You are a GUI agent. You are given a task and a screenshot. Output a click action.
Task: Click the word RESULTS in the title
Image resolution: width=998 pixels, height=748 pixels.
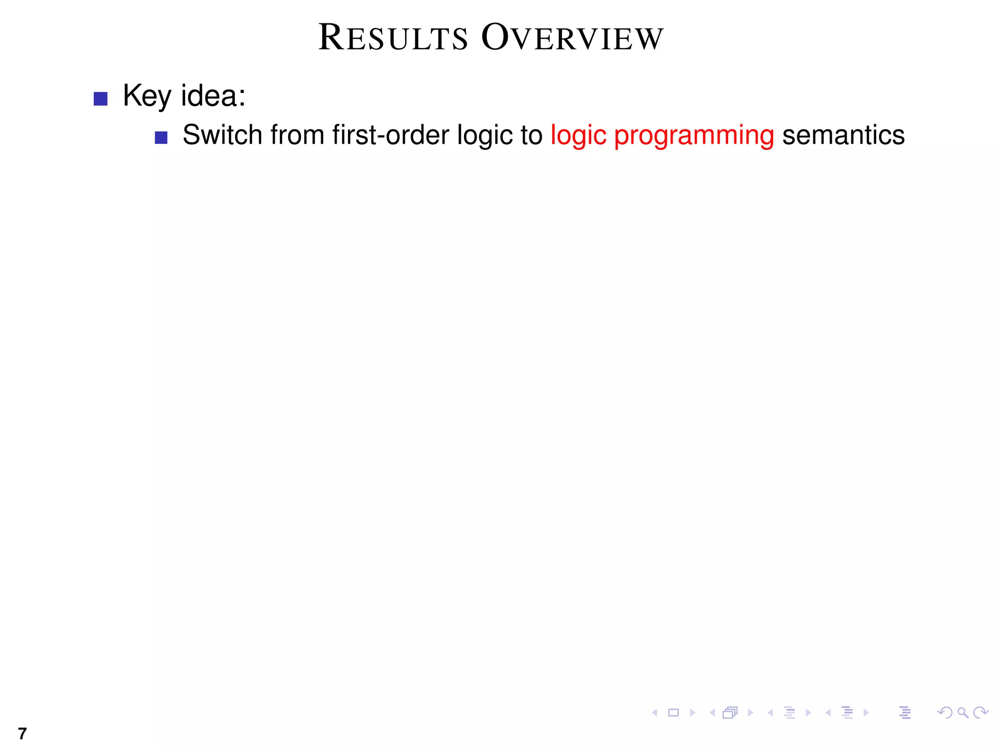point(393,38)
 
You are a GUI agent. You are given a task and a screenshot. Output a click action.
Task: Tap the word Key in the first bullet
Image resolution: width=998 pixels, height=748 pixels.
point(147,96)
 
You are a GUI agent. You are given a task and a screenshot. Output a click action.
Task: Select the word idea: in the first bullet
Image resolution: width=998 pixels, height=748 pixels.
point(213,96)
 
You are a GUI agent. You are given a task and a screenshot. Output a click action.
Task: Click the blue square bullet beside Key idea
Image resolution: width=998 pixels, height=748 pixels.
point(100,99)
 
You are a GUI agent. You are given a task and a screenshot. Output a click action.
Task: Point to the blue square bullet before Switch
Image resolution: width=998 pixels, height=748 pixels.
point(161,138)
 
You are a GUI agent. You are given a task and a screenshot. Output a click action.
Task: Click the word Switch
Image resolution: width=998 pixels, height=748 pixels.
point(222,135)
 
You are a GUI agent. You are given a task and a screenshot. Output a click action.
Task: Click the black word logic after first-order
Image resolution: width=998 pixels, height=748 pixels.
point(484,136)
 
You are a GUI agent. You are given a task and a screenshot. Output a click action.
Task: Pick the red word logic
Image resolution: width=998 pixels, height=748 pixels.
point(578,136)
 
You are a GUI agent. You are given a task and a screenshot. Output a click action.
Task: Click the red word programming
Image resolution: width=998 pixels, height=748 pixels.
point(693,136)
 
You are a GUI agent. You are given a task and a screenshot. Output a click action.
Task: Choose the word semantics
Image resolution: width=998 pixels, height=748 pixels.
point(843,135)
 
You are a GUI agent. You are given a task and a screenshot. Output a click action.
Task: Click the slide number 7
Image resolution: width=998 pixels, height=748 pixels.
point(22,733)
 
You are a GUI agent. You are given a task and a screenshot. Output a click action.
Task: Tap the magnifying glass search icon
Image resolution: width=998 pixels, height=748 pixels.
point(962,713)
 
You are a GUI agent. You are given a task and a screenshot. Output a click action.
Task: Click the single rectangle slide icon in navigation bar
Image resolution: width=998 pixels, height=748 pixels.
point(673,713)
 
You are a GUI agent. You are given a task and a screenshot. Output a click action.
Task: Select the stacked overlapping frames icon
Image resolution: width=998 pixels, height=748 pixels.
point(730,713)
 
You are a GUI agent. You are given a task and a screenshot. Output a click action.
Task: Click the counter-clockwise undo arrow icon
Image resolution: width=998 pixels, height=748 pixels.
point(944,713)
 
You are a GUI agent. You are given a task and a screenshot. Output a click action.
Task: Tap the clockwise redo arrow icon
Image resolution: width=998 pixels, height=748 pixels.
point(980,713)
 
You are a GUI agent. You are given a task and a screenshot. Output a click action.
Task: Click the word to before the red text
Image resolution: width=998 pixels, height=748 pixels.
point(531,135)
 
